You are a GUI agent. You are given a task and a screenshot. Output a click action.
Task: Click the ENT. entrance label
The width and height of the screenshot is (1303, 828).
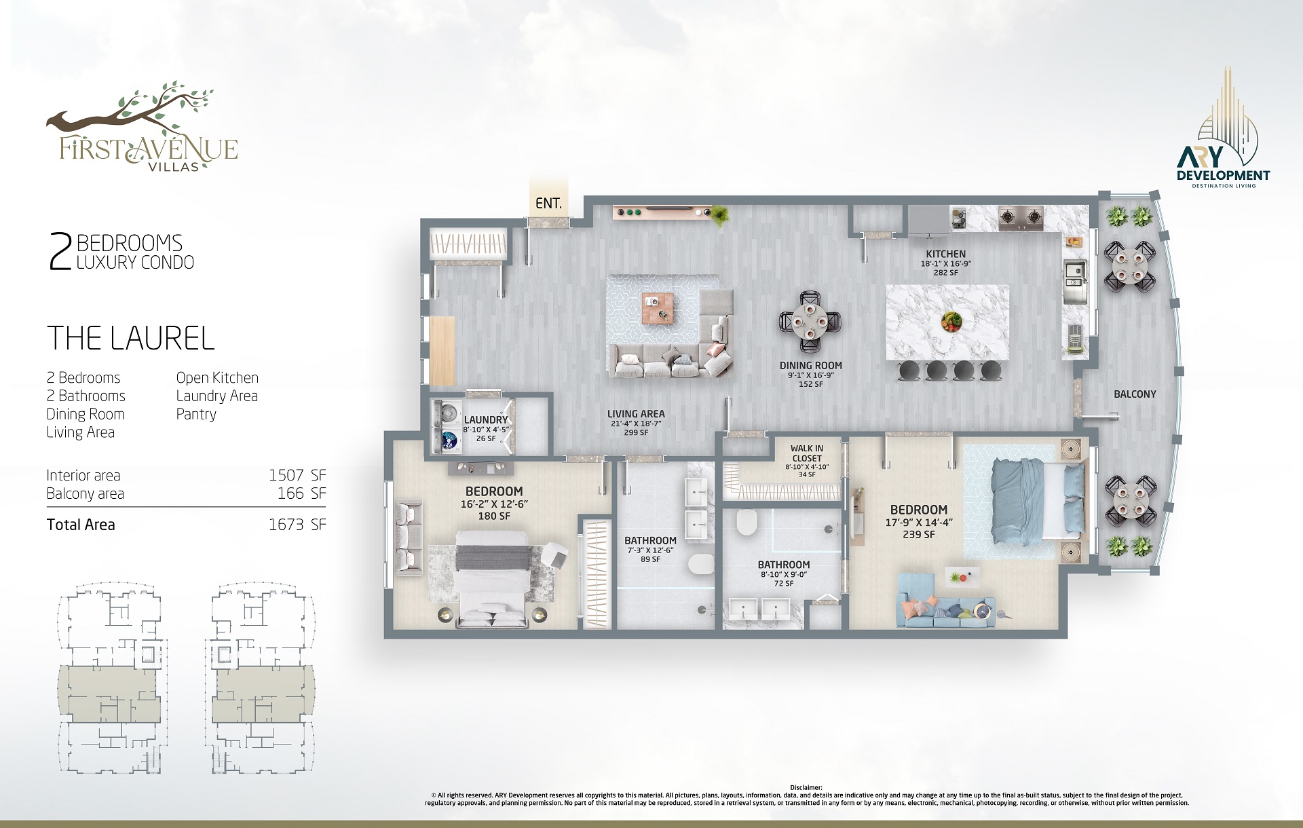coord(548,203)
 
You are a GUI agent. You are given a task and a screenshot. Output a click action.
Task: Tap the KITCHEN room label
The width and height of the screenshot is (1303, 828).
coord(945,254)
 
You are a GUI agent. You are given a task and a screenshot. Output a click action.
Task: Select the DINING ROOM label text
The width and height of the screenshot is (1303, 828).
coord(811,365)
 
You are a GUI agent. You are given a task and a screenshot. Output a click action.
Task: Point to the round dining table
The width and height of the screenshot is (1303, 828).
coord(810,322)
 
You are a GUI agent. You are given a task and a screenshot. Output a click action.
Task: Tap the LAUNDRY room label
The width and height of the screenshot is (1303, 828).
coord(486,420)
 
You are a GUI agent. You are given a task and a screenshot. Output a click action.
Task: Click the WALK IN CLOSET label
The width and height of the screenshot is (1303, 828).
coord(807,453)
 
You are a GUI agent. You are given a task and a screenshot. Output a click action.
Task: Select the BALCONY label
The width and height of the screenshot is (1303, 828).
coord(1135,394)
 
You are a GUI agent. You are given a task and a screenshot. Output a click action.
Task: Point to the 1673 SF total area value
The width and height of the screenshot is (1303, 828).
coord(297,525)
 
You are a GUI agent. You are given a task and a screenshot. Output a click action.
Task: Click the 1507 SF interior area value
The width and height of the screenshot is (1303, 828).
coord(297,475)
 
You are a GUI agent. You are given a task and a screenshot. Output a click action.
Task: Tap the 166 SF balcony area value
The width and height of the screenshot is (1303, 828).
coord(301,493)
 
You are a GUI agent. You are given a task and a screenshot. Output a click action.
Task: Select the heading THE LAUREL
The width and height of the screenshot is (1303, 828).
coord(131,338)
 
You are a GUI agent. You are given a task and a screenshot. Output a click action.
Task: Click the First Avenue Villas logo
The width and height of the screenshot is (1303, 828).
coord(142,128)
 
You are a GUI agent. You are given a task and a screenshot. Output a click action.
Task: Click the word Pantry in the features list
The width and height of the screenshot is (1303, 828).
coord(196,414)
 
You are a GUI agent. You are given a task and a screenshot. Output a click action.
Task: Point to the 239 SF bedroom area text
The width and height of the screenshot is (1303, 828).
coord(919,534)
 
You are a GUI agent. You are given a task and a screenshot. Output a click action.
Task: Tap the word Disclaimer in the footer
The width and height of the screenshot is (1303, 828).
coord(806,788)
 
